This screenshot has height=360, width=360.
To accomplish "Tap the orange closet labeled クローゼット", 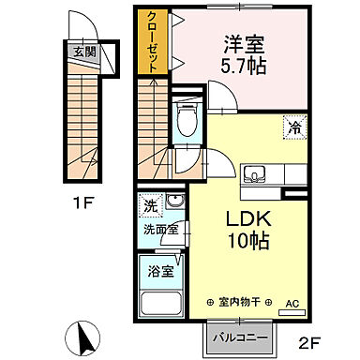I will pyautogui.click(x=150, y=41).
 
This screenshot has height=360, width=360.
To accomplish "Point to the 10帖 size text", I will pyautogui.click(x=248, y=241).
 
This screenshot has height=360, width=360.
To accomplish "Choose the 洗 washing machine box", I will pyautogui.click(x=150, y=204).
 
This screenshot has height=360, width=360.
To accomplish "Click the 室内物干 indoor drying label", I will pyautogui.click(x=238, y=302).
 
